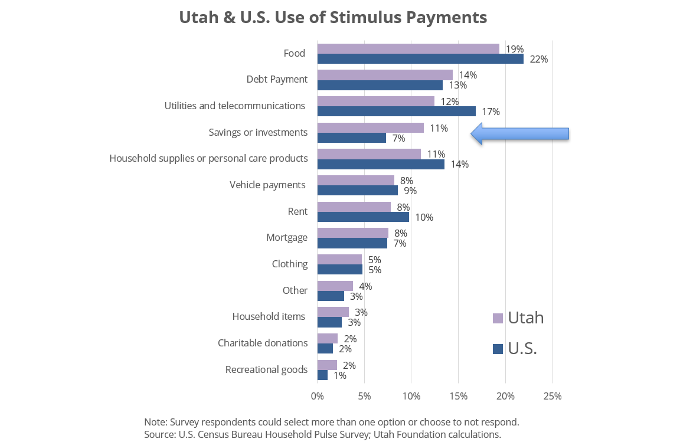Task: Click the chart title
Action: [x=333, y=18]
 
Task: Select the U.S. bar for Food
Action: [x=420, y=59]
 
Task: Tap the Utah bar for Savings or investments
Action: [x=370, y=128]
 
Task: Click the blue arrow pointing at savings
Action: [x=519, y=134]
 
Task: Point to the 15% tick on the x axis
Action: [x=458, y=395]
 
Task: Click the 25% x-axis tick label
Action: [x=552, y=395]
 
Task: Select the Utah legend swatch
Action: [x=498, y=319]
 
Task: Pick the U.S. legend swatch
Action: [x=498, y=349]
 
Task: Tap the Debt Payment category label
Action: [x=277, y=79]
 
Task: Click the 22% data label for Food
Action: [x=538, y=59]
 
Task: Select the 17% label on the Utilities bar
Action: [x=491, y=112]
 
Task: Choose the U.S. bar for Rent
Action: [x=363, y=217]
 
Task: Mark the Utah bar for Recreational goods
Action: [x=327, y=365]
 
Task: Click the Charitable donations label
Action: [x=263, y=343]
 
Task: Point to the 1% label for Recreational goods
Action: [x=339, y=375]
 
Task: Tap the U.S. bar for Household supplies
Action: [x=381, y=164]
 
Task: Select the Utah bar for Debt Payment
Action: [x=385, y=75]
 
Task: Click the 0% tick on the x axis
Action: [x=318, y=395]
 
